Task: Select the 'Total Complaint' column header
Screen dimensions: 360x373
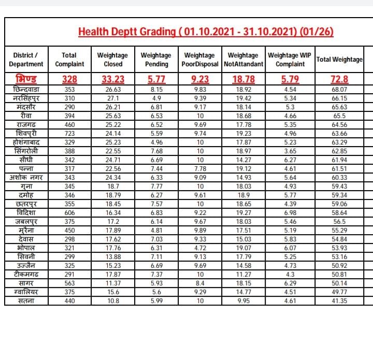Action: tap(69, 60)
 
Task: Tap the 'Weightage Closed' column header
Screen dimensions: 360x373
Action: tap(112, 60)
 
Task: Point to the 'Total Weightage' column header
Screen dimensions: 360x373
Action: tap(339, 60)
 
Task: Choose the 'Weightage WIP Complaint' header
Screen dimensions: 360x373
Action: tap(290, 60)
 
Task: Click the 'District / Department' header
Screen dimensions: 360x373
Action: tap(26, 60)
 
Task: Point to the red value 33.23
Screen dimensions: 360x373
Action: tap(113, 79)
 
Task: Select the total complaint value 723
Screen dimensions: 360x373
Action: tap(69, 132)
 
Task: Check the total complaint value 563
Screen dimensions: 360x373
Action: tap(69, 283)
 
